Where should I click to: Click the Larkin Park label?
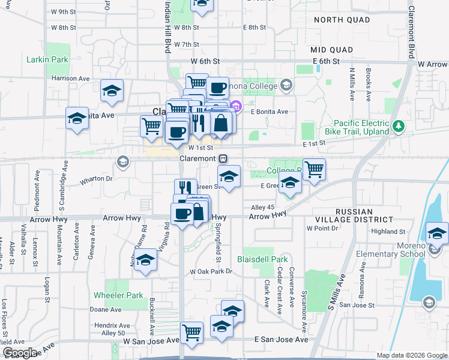coord(47,60)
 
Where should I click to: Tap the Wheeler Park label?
coord(118,295)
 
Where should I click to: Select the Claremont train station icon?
coord(223,158)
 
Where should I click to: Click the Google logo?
coord(20,353)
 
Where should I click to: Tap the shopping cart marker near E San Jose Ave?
coord(191,332)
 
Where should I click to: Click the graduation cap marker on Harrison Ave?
coord(112,91)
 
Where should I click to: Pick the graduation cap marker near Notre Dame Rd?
coord(145,260)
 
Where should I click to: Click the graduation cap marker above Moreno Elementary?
coord(437,233)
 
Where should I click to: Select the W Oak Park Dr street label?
coord(211,272)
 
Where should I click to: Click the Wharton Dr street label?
coord(96,178)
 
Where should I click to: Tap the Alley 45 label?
coord(262,208)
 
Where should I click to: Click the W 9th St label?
coord(64,11)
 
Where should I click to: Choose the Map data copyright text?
coord(411,355)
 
